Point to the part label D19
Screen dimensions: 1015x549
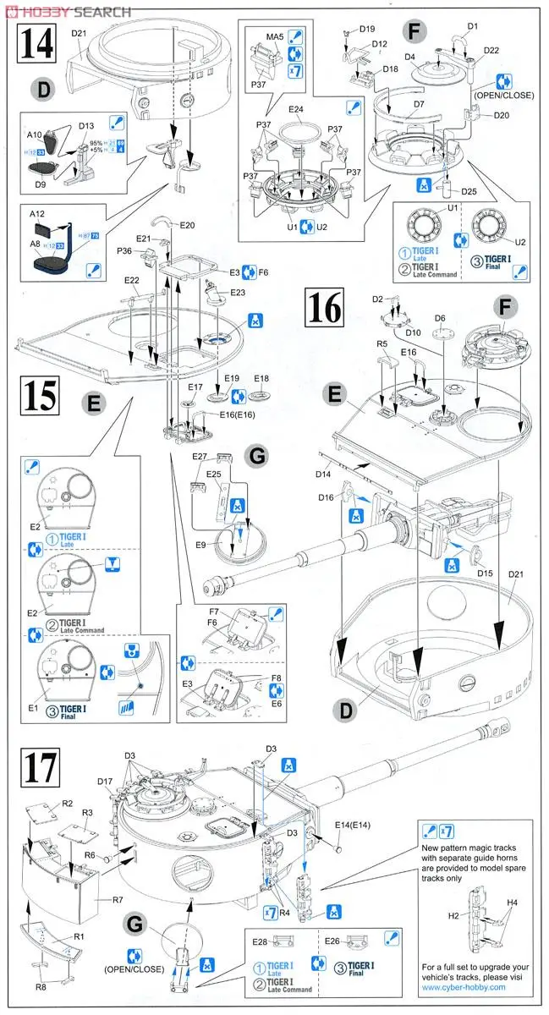pyautogui.click(x=366, y=28)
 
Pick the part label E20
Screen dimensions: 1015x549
pyautogui.click(x=186, y=225)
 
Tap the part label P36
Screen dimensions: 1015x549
pyautogui.click(x=124, y=250)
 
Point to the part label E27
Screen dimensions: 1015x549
pyautogui.click(x=199, y=456)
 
